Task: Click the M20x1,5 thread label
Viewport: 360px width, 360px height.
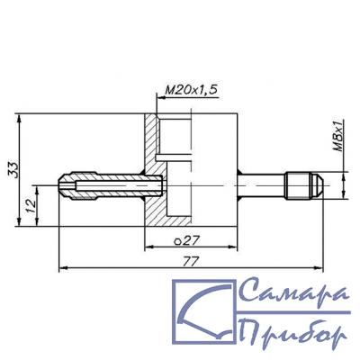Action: (191, 90)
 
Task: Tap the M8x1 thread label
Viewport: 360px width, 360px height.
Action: (339, 135)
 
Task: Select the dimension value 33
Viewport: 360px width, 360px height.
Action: (13, 170)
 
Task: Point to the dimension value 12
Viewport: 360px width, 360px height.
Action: (31, 206)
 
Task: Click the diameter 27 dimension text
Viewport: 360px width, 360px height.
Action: (186, 240)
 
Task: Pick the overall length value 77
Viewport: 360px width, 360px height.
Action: (192, 262)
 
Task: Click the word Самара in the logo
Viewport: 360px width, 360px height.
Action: (294, 291)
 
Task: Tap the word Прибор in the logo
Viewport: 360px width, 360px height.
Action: (293, 330)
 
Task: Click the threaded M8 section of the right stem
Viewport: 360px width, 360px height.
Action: (298, 185)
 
